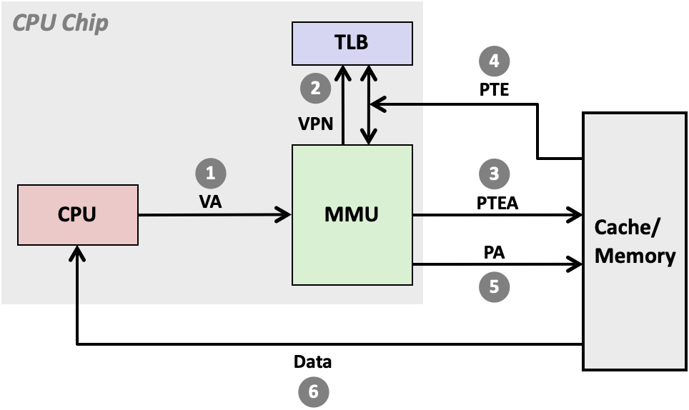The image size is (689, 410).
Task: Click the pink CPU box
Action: [77, 215]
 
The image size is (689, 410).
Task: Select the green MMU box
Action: [352, 214]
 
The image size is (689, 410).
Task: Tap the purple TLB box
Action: [352, 43]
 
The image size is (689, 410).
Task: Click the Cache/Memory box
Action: [635, 241]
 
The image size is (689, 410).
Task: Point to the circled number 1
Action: [210, 173]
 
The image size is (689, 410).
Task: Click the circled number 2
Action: [315, 89]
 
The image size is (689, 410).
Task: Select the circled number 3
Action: [494, 174]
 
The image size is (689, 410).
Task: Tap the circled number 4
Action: [494, 61]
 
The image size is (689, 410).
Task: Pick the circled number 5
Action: [494, 286]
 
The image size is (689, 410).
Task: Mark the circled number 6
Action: [312, 391]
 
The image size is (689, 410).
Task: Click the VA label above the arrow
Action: [210, 202]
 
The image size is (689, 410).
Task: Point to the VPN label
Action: [316, 124]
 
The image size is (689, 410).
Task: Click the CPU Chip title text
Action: [61, 23]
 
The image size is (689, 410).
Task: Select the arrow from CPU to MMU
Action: [214, 214]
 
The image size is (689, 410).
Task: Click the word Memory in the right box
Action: [635, 256]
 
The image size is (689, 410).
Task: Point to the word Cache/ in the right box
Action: [628, 228]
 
